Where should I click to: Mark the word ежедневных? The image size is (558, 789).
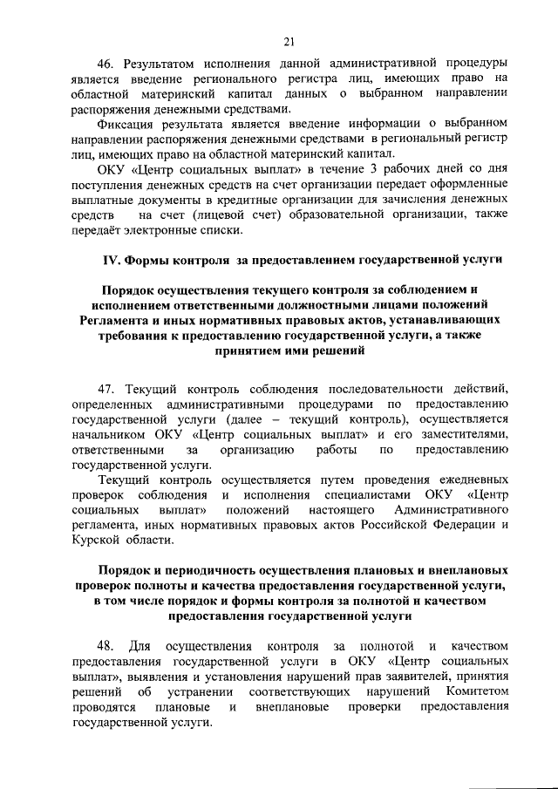(470, 479)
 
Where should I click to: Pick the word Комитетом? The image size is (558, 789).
(472, 691)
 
